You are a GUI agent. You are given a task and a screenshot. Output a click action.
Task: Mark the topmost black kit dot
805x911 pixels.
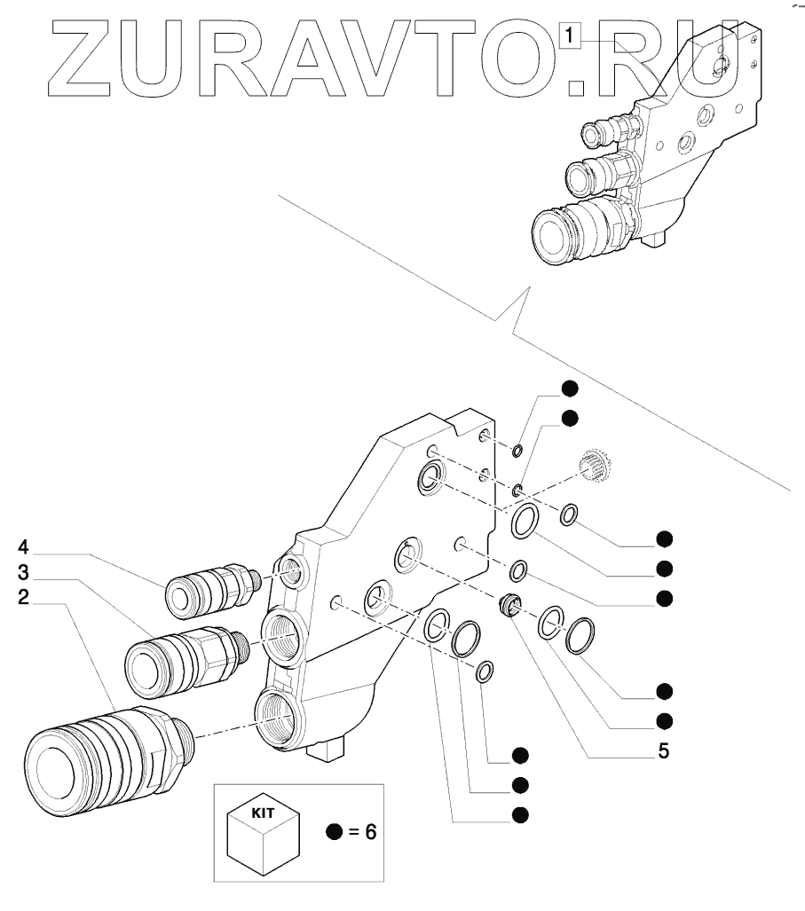[x=570, y=388]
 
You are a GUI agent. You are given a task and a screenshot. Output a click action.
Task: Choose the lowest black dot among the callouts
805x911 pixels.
[x=521, y=813]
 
